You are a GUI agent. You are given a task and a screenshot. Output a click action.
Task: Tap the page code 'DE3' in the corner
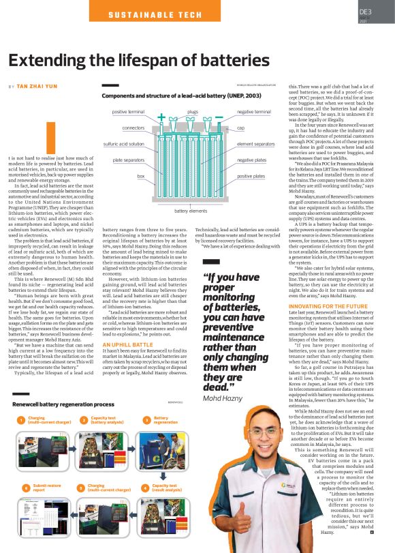pos(366,12)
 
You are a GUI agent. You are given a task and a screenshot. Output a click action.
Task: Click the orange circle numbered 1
pos(20,419)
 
